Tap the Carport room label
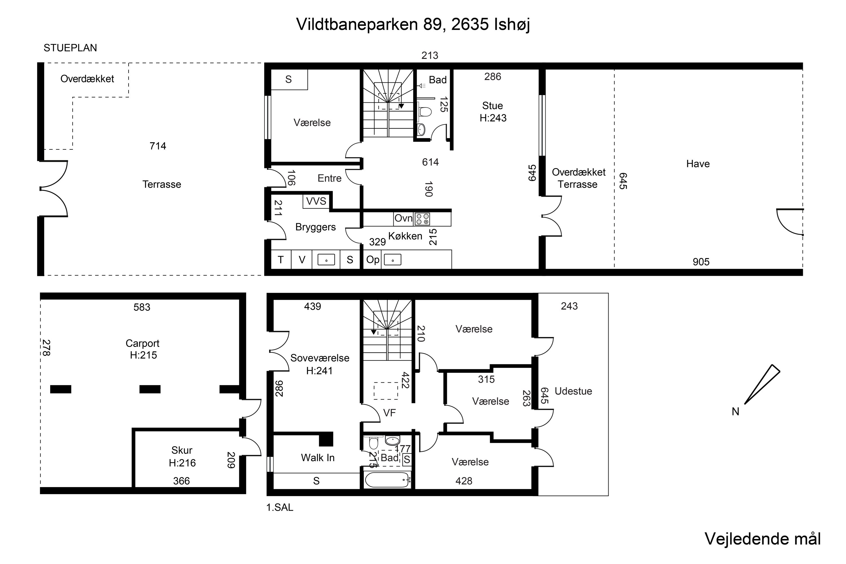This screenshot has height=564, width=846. pos(142,343)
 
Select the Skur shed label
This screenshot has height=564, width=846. pos(182,450)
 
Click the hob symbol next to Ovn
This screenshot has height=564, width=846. pos(422,219)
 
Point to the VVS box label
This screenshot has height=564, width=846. pos(316,201)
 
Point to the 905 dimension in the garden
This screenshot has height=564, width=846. pos(701,262)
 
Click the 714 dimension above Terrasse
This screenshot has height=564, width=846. pos(158,146)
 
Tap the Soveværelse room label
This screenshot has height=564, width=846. pos(320,358)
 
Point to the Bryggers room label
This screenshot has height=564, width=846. pos(316,227)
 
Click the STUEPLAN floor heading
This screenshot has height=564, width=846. pos(70,48)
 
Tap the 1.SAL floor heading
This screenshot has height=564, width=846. pos(279,508)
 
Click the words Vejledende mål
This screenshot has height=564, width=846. pos(763,538)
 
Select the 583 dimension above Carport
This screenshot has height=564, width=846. pos(142,307)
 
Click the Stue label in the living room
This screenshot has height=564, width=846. pos(492,106)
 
